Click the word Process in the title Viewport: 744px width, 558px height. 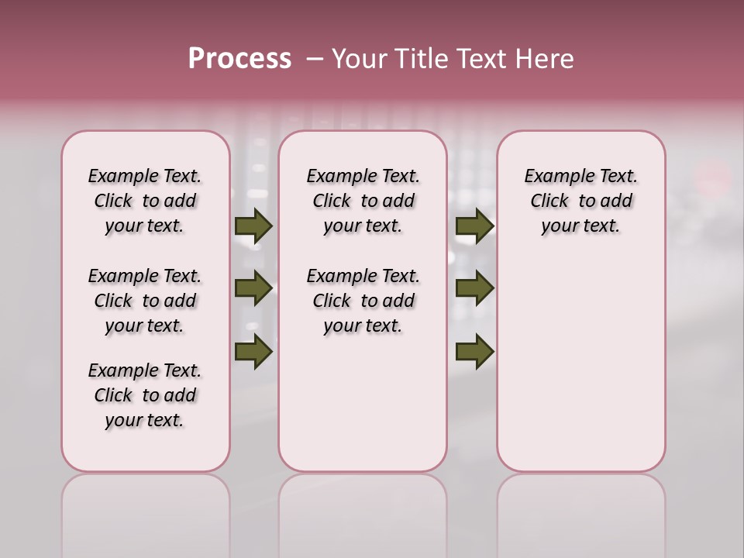point(239,59)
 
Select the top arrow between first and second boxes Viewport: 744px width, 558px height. point(253,226)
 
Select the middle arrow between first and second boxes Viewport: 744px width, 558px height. point(253,288)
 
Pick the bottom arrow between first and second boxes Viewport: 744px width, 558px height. point(253,351)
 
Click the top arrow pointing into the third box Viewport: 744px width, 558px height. point(474,226)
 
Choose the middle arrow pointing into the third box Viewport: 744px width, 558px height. point(474,288)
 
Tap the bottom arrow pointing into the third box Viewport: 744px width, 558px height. point(474,351)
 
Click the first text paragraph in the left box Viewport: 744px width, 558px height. point(145,201)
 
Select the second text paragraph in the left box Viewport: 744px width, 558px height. point(145,301)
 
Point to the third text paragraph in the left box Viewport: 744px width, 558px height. point(145,395)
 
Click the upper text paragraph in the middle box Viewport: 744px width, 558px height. point(363,201)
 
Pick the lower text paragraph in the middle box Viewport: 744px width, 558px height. point(363,301)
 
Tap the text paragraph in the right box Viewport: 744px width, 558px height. point(580,201)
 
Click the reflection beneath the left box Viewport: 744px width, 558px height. point(146,511)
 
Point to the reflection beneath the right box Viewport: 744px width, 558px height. point(581,511)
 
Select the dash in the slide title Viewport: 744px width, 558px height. point(314,59)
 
